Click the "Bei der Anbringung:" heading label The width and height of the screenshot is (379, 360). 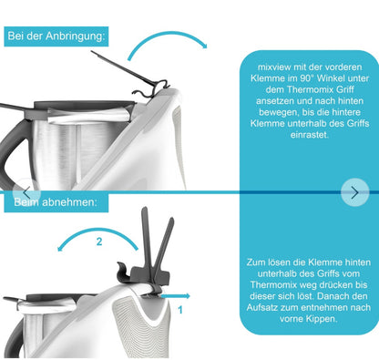[x=56, y=36]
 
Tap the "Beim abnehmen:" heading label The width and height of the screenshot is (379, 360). [x=56, y=202]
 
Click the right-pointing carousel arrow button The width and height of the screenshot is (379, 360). [x=354, y=192]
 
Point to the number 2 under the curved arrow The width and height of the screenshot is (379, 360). [x=99, y=242]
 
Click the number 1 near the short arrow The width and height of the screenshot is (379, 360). [x=180, y=310]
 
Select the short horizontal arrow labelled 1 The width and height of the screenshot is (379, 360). [x=175, y=296]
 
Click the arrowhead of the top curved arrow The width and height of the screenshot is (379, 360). [x=205, y=46]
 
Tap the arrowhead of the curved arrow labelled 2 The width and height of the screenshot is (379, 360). [x=60, y=248]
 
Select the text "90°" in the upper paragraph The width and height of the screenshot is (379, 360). [x=307, y=78]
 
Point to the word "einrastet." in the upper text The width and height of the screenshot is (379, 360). [x=310, y=135]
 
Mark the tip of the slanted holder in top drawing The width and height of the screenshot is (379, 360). [x=91, y=51]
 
